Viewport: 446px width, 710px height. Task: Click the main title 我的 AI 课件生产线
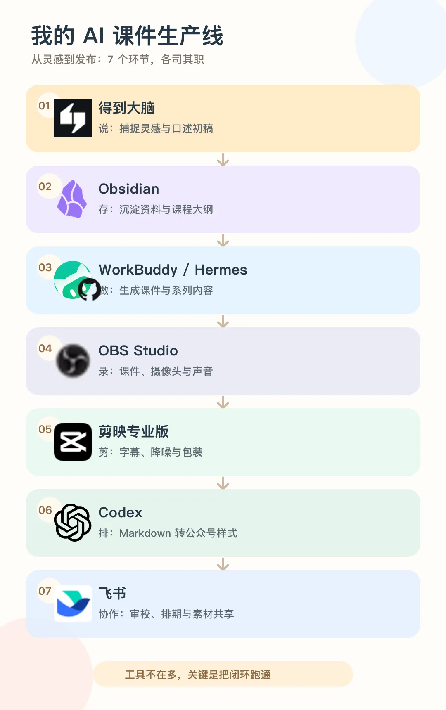click(127, 35)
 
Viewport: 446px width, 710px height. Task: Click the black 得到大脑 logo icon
click(73, 118)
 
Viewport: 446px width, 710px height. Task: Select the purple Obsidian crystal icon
click(72, 199)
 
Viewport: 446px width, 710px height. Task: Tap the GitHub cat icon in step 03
click(89, 289)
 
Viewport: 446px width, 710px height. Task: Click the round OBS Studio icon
click(73, 361)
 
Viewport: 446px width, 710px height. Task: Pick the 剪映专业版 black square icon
click(73, 442)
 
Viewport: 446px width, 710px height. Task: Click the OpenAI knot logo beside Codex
click(73, 523)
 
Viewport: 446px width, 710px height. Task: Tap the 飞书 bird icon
click(73, 603)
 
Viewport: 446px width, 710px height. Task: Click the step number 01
click(44, 106)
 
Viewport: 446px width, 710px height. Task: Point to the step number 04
click(45, 348)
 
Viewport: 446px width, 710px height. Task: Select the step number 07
click(45, 591)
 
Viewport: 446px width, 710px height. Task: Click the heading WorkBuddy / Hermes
click(173, 270)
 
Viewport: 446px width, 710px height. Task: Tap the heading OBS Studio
click(138, 351)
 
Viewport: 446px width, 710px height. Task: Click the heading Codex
click(120, 513)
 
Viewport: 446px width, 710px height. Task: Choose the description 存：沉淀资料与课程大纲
click(156, 210)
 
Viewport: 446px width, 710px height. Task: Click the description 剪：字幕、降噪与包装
click(150, 452)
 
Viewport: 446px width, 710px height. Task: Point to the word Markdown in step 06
click(145, 533)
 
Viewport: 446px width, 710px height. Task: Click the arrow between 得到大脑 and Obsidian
click(223, 159)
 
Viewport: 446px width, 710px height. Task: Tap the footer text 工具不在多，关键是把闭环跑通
click(198, 674)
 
